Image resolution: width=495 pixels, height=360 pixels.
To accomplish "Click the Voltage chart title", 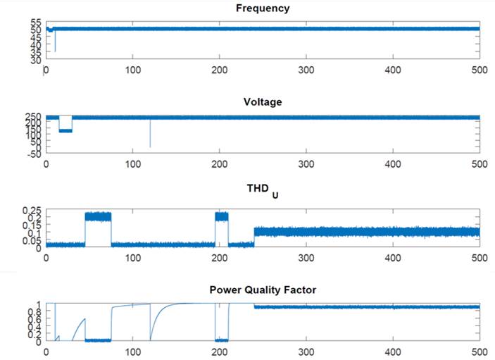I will tap(263, 102).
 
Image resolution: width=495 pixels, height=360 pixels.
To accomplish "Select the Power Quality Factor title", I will tap(263, 290).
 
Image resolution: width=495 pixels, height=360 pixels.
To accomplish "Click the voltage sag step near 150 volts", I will tap(65, 130).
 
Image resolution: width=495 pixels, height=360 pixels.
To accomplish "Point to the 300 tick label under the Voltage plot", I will tap(306, 164).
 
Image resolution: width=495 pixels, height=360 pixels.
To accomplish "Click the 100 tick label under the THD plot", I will tap(133, 259).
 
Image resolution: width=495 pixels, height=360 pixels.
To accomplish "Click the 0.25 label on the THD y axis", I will tap(32, 211).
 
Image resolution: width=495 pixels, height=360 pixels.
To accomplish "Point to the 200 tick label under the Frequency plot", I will tap(220, 70).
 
